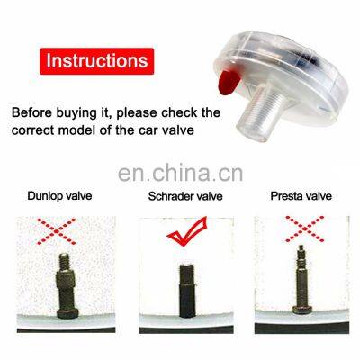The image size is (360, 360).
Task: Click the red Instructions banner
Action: point(97,61)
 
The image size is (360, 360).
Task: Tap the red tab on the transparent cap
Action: point(229,82)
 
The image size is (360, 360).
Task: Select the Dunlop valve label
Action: point(59,196)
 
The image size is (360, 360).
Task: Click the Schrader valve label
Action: point(185,196)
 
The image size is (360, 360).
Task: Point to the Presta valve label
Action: point(301,196)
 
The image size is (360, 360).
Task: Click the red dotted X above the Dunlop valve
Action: point(56,231)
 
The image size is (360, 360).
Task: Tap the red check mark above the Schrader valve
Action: point(187,231)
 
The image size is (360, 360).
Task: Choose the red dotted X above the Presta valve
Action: point(305,229)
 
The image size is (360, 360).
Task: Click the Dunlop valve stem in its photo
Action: point(67,286)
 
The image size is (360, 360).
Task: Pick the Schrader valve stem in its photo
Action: point(187,291)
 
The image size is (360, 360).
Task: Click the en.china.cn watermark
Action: point(180,173)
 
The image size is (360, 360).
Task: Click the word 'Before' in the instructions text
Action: point(32,112)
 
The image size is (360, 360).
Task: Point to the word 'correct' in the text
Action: point(33,130)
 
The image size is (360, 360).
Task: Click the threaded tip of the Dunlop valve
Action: point(64,261)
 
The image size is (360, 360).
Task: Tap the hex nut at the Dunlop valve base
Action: point(67,312)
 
